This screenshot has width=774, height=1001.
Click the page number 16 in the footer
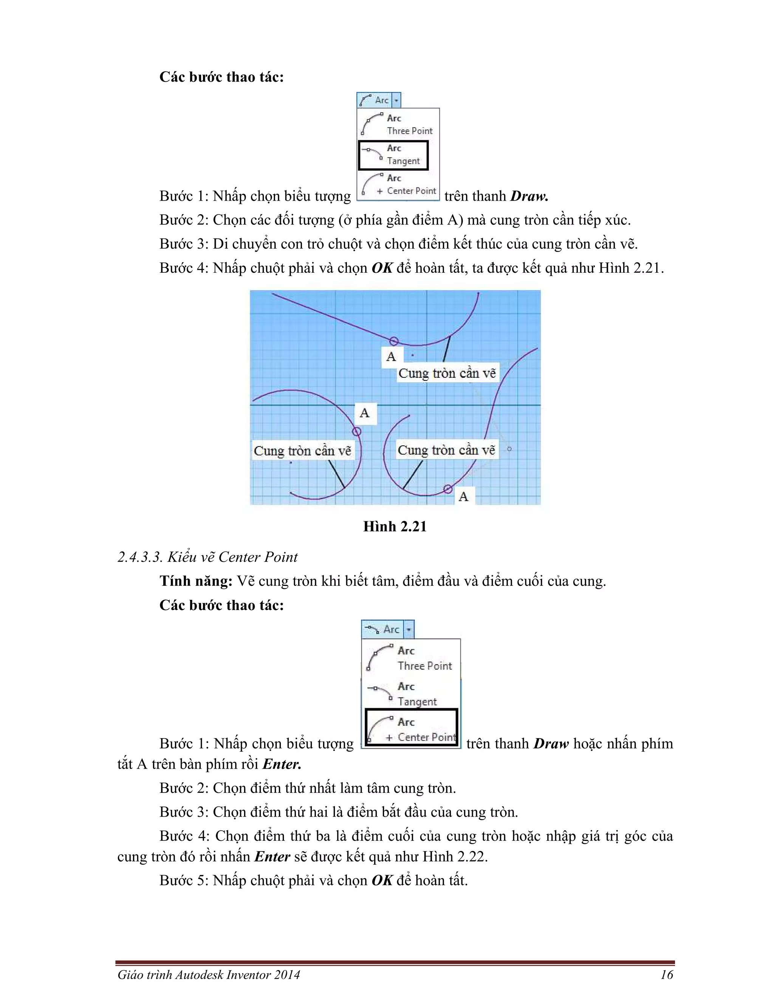[x=666, y=975]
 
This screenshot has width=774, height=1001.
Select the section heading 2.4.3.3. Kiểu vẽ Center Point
[x=207, y=557]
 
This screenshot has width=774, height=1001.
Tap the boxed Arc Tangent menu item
[x=393, y=155]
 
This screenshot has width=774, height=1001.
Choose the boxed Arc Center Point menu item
[x=412, y=729]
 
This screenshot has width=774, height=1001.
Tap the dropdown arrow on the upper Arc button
[x=396, y=100]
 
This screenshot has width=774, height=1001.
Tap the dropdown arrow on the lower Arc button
[x=409, y=629]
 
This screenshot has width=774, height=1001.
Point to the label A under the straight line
[x=391, y=357]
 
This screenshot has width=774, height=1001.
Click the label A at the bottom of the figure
[x=464, y=496]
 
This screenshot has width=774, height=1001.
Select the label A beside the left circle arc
[x=365, y=413]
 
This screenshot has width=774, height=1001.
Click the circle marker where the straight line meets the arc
[x=394, y=341]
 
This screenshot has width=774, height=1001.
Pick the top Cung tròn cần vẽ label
[x=447, y=373]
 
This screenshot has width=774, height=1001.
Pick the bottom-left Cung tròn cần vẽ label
[x=302, y=451]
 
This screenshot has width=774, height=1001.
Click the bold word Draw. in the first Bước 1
[x=529, y=196]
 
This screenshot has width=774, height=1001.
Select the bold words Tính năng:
[x=196, y=581]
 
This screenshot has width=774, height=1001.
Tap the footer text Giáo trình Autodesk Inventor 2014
[x=209, y=975]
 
